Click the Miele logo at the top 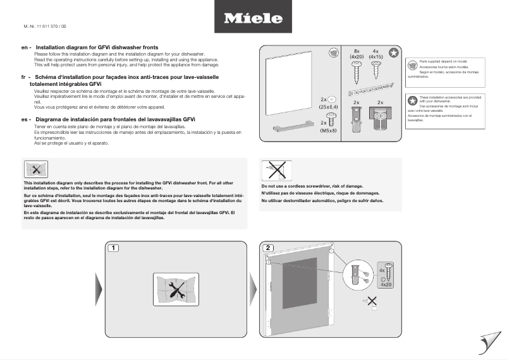tap(253, 18)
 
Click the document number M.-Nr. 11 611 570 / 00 tap(40, 26)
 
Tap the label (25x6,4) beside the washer tap(329, 108)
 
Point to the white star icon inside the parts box tap(393, 54)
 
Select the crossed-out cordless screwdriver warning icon tap(276, 171)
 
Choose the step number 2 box tap(268, 248)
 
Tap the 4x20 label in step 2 tap(386, 285)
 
